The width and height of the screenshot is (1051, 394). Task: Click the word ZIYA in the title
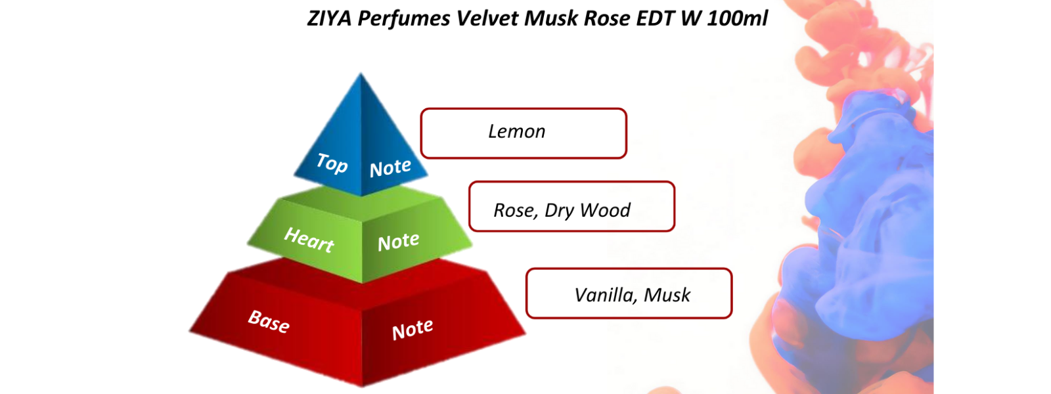[x=329, y=18]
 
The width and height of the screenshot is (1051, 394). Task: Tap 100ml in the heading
[x=737, y=18]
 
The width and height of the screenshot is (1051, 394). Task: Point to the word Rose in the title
[x=607, y=18]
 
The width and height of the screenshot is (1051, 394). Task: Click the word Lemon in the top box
[x=516, y=132]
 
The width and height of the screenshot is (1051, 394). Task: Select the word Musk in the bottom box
[x=667, y=295]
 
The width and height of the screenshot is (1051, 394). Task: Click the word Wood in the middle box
[x=605, y=211]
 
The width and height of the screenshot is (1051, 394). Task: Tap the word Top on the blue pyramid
[x=332, y=163]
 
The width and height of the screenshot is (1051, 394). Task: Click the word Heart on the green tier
[x=309, y=240]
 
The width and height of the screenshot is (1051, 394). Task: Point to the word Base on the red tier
[x=269, y=322]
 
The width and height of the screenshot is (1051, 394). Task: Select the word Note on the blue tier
[x=390, y=168]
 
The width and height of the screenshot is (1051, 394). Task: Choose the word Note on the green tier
[x=398, y=242]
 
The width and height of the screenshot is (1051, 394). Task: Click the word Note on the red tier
[x=413, y=330]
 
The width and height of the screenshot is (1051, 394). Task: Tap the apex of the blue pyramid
[x=361, y=75]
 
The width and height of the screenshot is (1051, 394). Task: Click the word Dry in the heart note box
[x=559, y=211]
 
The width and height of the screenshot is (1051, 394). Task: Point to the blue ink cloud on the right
[x=867, y=217]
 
